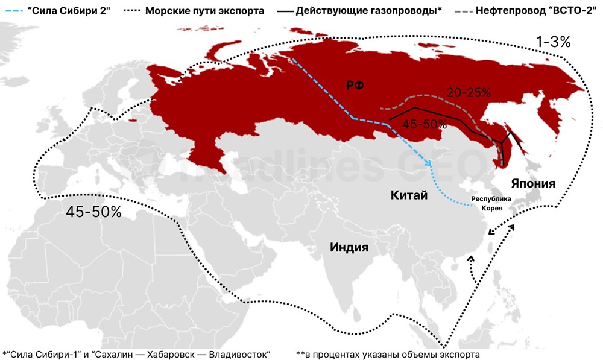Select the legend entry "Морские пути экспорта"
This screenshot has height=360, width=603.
coord(206,11)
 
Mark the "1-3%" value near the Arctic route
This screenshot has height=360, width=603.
coord(554,43)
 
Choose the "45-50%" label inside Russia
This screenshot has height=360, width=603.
coord(425,125)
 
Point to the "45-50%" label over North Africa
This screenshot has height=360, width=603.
coord(93,212)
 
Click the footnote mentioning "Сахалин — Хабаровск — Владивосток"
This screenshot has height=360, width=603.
coord(136,353)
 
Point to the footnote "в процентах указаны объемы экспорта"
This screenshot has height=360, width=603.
coord(388,353)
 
